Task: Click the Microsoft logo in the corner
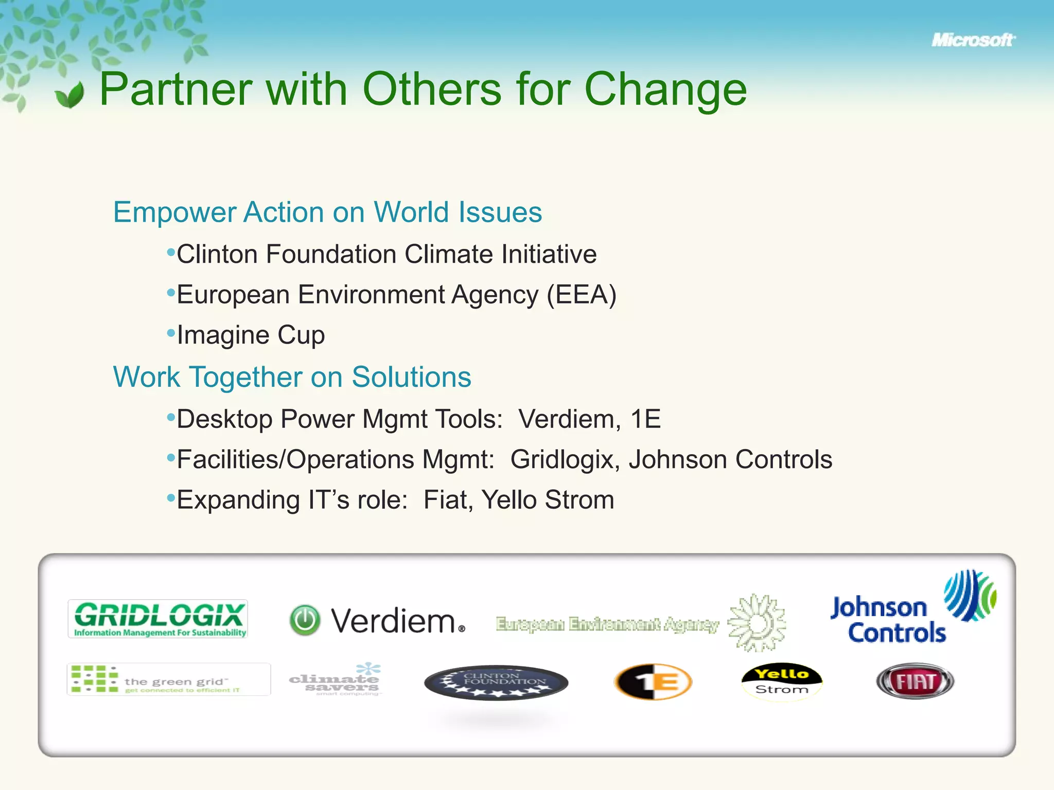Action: click(x=972, y=40)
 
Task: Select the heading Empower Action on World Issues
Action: click(x=327, y=212)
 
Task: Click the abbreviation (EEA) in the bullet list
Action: click(x=581, y=295)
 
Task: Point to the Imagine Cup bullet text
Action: click(x=251, y=335)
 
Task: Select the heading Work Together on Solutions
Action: click(x=292, y=376)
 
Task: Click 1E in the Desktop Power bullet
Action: click(x=645, y=419)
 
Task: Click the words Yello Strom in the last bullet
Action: click(x=548, y=500)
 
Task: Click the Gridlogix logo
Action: click(x=158, y=619)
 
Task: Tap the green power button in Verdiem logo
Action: click(x=305, y=620)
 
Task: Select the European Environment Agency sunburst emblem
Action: click(x=757, y=623)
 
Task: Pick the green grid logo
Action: click(x=168, y=679)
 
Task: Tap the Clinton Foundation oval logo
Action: click(x=496, y=683)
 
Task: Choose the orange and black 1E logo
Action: click(x=653, y=682)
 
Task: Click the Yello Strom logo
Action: click(x=781, y=680)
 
